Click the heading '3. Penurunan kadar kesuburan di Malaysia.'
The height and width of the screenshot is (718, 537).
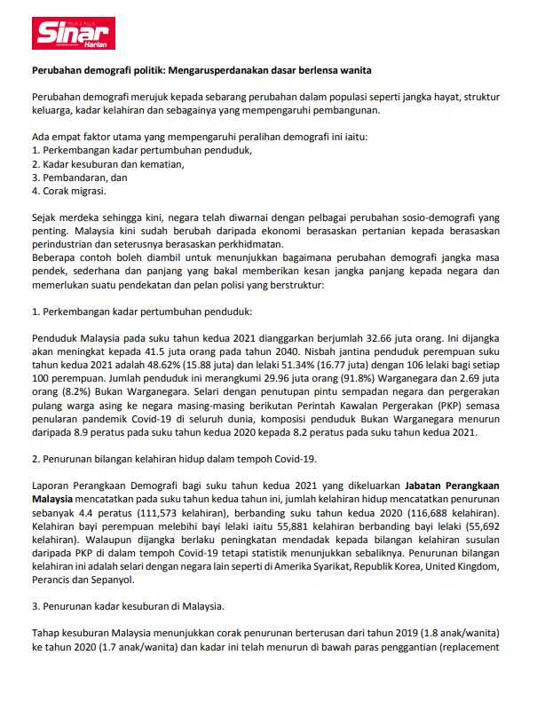129,606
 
